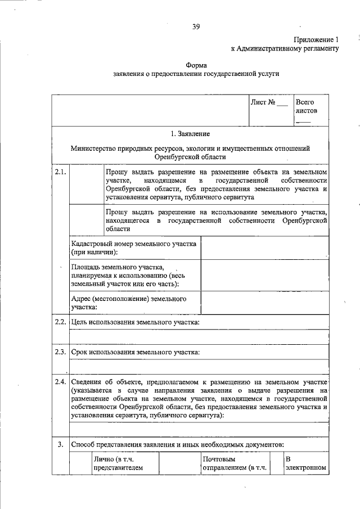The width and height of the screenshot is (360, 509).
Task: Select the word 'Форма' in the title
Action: (196, 65)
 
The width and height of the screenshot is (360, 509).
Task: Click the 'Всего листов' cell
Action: (308, 110)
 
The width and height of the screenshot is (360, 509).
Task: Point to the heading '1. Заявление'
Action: (190, 134)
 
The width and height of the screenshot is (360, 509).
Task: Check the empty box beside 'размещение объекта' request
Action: (87, 185)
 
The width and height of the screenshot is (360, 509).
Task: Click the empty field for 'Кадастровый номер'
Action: (264, 248)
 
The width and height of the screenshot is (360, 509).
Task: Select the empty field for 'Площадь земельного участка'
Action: (264, 276)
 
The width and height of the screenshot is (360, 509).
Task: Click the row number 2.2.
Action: (61, 322)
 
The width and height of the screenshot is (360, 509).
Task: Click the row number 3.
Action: (61, 444)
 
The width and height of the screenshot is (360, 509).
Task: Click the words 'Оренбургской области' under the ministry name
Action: (190, 157)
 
